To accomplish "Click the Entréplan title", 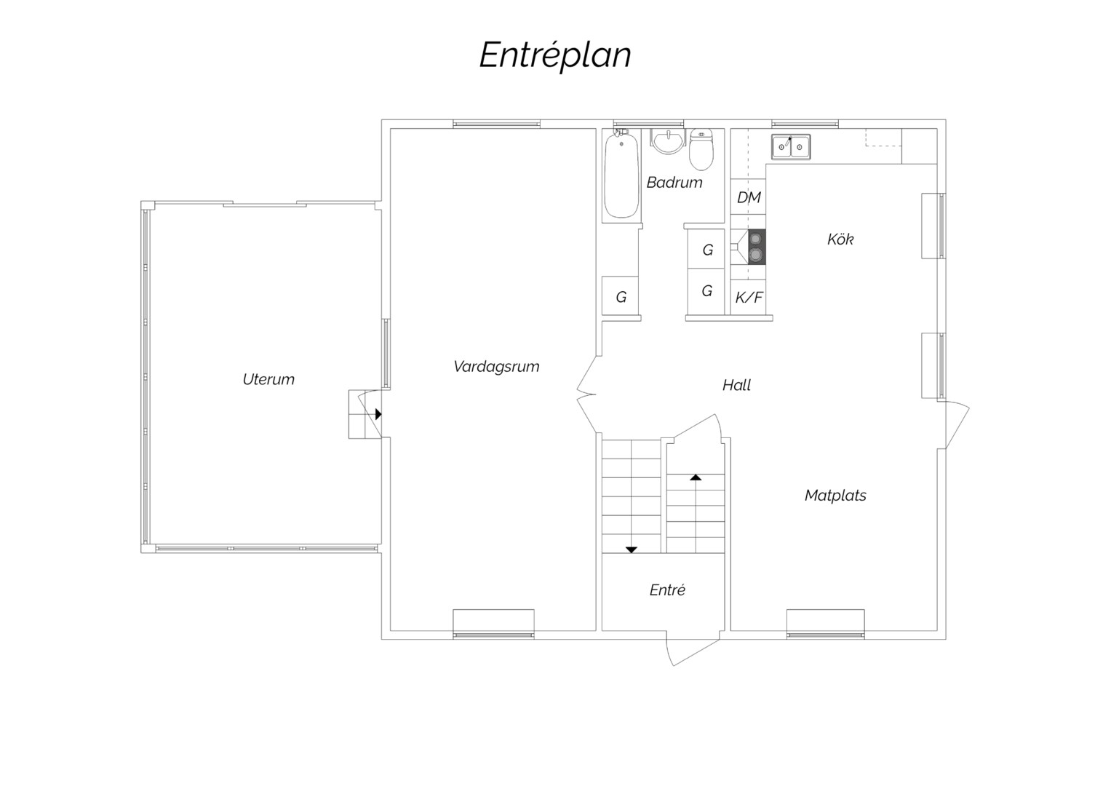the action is (555, 55).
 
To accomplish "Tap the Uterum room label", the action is (268, 380).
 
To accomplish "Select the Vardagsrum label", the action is (496, 368).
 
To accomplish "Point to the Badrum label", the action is (674, 183).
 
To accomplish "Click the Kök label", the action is (840, 239).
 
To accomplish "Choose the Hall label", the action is (736, 385).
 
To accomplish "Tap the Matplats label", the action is (835, 495).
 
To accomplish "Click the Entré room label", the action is (667, 590).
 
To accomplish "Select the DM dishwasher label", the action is (749, 197).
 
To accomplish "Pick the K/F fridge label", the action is (749, 298).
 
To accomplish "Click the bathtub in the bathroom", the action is (621, 175).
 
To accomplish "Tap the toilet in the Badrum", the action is (701, 149).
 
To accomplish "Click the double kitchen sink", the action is (791, 147).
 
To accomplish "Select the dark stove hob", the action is (757, 247).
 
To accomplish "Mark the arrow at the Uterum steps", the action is (378, 414).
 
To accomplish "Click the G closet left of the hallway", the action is (621, 297).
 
